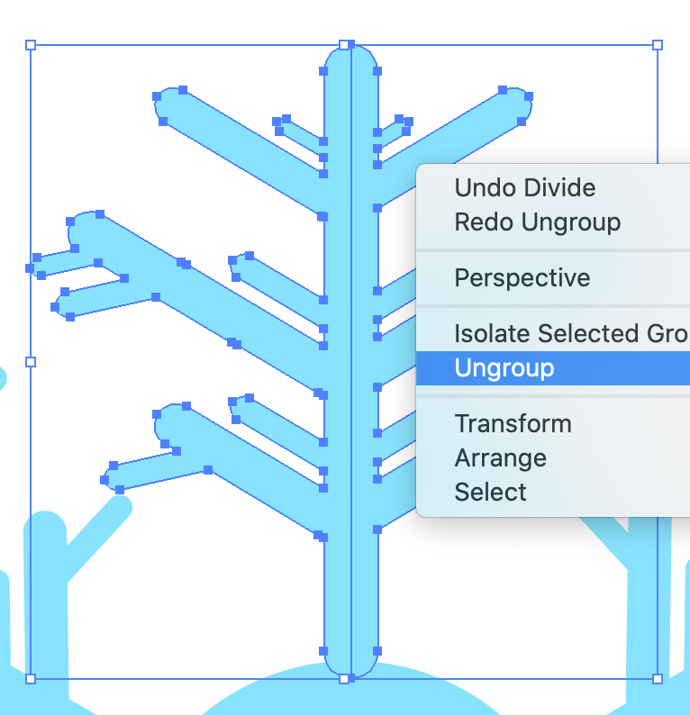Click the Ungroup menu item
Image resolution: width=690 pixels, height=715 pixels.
[x=504, y=368]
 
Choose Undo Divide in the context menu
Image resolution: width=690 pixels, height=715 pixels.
[x=524, y=188]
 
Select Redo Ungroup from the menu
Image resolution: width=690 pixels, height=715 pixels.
[x=537, y=222]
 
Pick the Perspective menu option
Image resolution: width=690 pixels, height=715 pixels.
[x=522, y=277]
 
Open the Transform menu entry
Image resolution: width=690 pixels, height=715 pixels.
[x=513, y=423]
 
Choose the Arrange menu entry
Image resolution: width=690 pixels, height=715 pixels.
[x=500, y=458]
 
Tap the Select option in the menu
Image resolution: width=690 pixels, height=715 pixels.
[x=491, y=493]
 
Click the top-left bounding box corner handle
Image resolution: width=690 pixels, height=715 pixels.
[x=31, y=44]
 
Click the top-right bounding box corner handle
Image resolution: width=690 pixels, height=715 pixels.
[x=658, y=44]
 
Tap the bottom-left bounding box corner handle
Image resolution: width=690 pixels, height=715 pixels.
[x=31, y=678]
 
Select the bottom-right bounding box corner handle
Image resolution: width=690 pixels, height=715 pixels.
[x=657, y=678]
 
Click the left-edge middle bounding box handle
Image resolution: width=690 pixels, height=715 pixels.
[x=31, y=361]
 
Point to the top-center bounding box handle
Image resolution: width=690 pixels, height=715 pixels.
[x=344, y=44]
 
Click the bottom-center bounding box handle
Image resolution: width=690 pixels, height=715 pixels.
[x=344, y=678]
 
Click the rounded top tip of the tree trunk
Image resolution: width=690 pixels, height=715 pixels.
[x=350, y=54]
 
